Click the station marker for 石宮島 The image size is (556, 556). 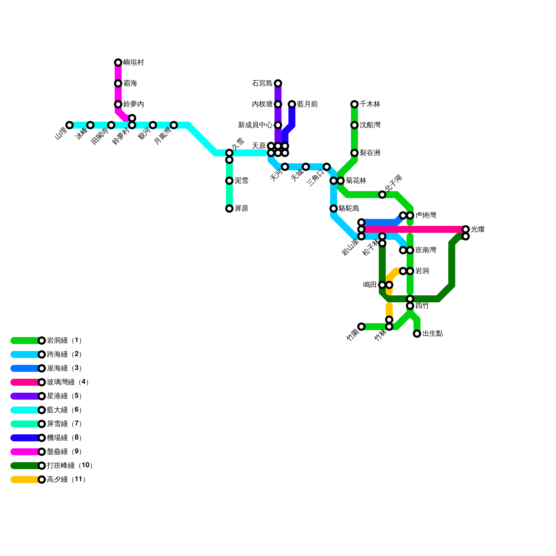pos(278,83)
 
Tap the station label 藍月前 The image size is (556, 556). pos(308,104)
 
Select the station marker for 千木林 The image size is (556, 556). pos(354,104)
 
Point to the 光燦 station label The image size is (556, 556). pos(478,229)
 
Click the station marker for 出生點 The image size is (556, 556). pos(417,334)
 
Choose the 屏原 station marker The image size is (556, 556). pos(229,208)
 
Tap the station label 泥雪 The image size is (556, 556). pos(242,181)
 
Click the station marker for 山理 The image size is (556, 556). pos(69,125)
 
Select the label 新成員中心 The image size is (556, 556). pos(255,125)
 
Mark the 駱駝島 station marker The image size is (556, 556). pos(334,208)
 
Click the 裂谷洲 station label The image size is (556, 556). pos(370,153)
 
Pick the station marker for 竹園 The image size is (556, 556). pos(361,327)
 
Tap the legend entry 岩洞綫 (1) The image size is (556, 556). pos(64,341)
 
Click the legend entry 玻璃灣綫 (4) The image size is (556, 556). pos(68,382)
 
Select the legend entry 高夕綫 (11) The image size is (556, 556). pos(66,480)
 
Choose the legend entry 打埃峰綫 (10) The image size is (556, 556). pos(69,466)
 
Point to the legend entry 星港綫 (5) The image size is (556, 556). pos(64,396)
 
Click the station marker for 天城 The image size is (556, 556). pos(306,167)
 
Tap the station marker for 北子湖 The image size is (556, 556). pos(382,195)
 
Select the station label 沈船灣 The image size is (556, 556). pos(370,125)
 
